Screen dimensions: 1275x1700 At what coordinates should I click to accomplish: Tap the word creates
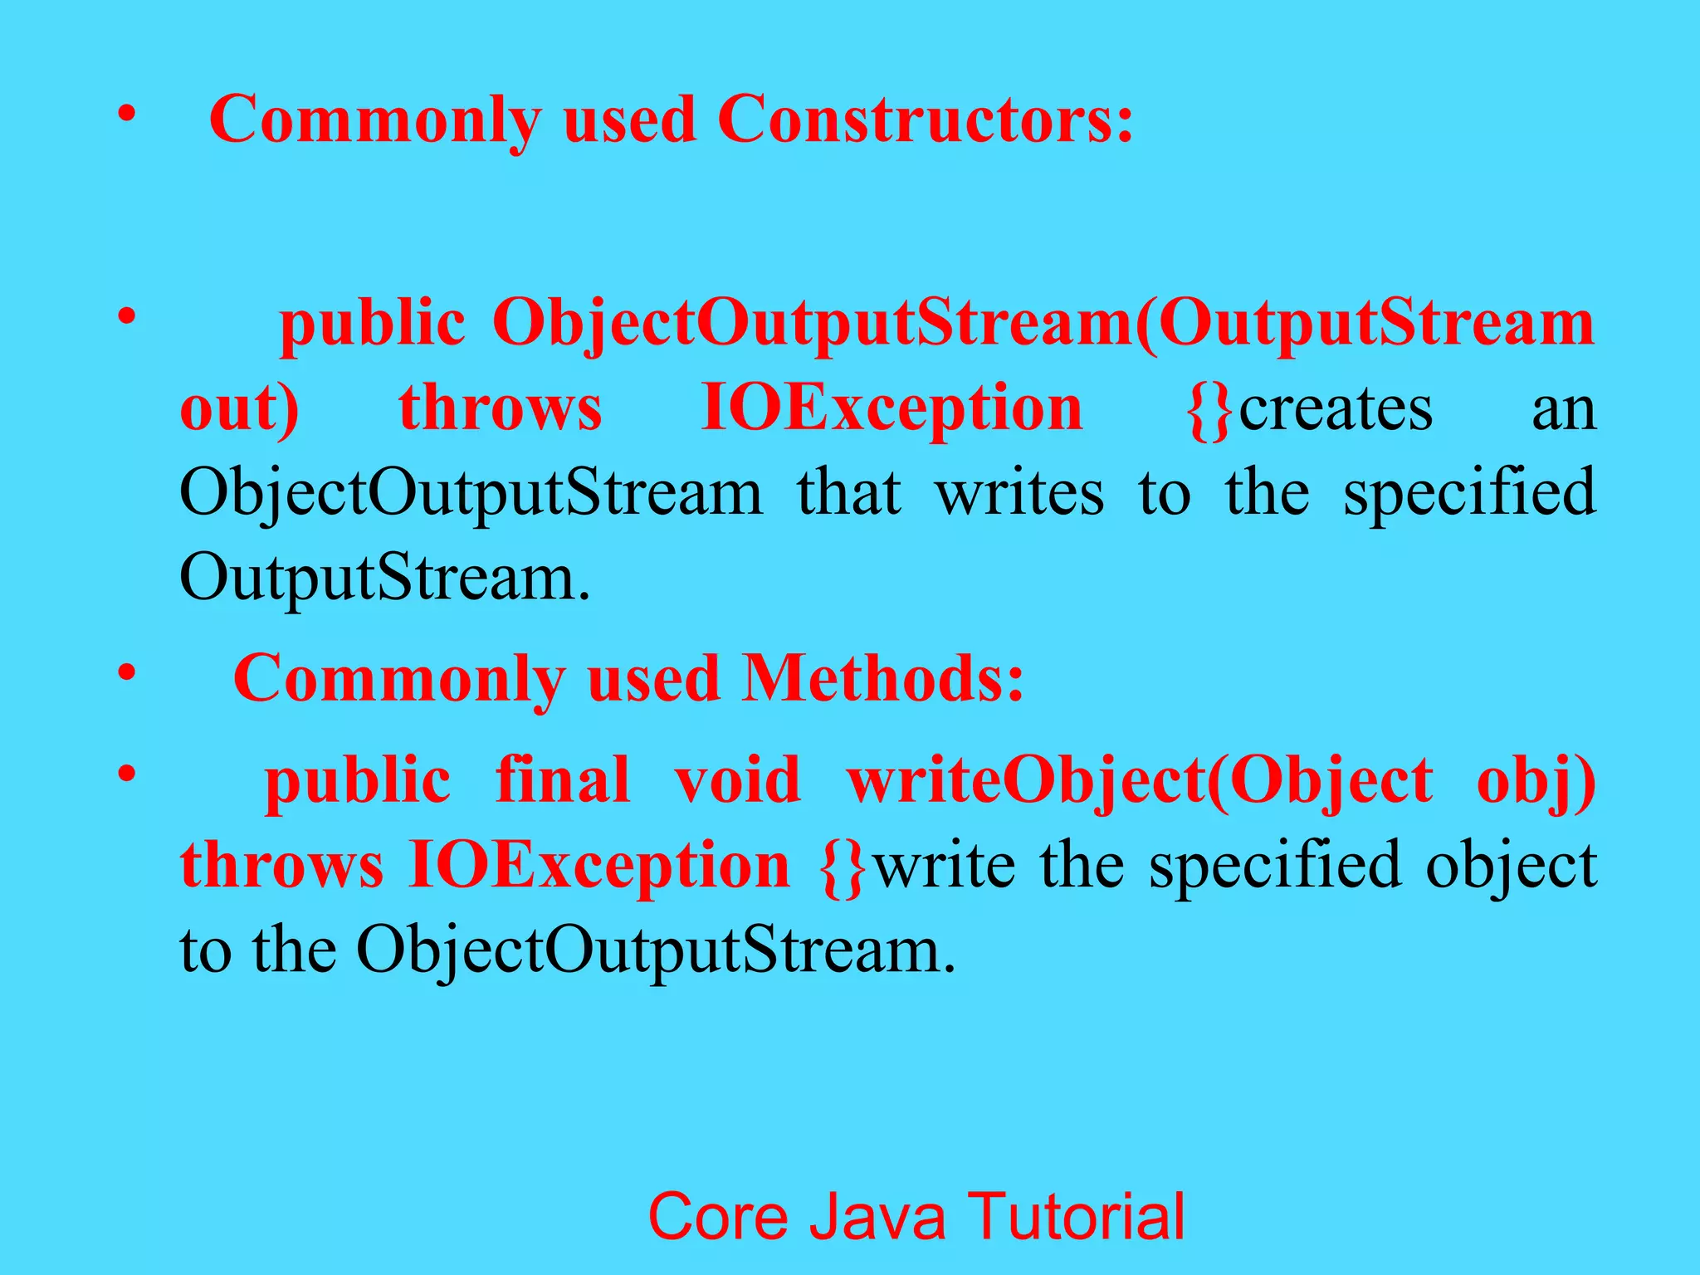pos(1336,408)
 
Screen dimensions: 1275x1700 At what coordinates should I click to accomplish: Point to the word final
pos(563,780)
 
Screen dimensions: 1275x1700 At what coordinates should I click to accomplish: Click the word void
pos(737,780)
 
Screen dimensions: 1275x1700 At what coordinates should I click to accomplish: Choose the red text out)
pos(239,408)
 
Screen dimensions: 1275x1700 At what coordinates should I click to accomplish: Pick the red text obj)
pos(1536,782)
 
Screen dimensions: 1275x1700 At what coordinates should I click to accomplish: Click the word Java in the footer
pos(877,1217)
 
